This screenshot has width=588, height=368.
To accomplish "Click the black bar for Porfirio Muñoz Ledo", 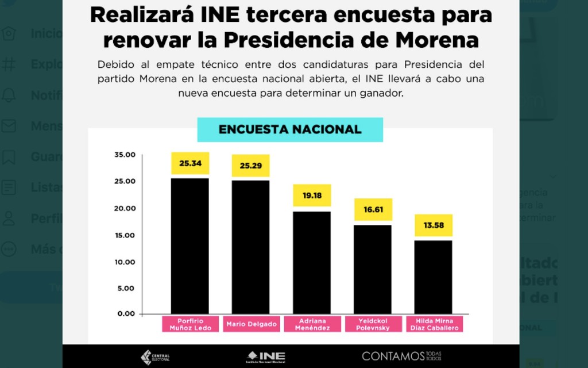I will [x=190, y=246].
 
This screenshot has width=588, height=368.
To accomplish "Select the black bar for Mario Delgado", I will [x=250, y=247].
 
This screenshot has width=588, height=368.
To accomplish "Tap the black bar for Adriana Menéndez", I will [x=312, y=262].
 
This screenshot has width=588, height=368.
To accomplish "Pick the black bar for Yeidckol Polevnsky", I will [x=372, y=269].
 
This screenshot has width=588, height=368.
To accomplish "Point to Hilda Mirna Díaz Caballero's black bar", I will [x=434, y=277].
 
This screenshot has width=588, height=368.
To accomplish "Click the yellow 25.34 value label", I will [x=190, y=163].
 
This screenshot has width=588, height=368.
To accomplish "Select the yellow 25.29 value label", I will [x=250, y=166].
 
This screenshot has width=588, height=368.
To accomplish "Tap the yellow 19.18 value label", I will [x=312, y=195].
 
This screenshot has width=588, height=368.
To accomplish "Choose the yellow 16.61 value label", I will [x=373, y=209].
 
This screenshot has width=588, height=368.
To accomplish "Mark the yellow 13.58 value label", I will [x=434, y=225].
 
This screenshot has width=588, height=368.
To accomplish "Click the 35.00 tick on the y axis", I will [x=125, y=155].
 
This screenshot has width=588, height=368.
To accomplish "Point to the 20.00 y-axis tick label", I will [x=125, y=208].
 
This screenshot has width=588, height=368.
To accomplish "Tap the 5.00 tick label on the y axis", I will [x=126, y=288].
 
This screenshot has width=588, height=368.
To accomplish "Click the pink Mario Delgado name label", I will [x=251, y=324].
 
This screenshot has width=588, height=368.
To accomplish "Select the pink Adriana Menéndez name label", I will [x=312, y=324].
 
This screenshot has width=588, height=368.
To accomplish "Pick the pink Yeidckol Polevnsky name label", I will [x=373, y=324].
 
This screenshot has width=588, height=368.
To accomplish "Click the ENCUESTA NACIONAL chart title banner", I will [x=290, y=130].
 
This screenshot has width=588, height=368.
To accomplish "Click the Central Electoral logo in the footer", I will [x=155, y=357].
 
